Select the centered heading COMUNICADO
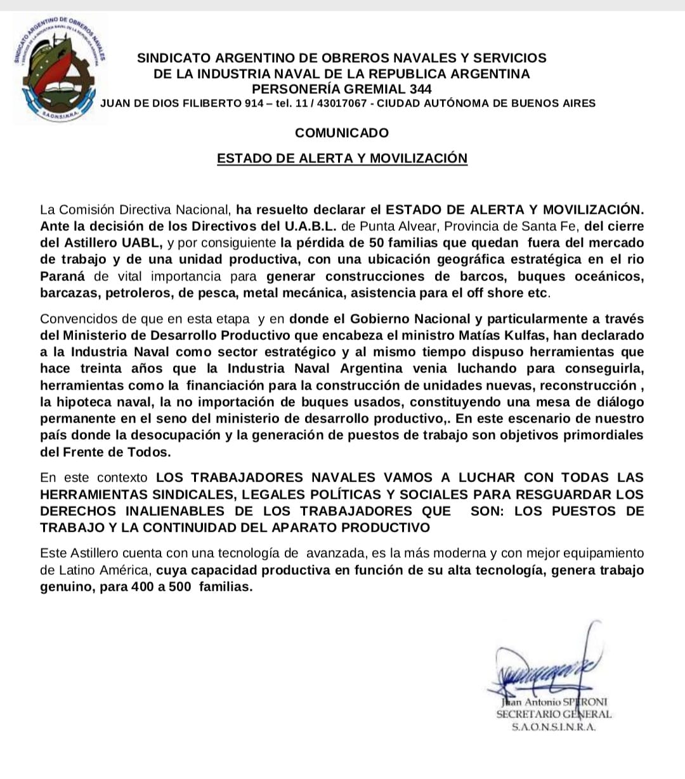pyautogui.click(x=342, y=133)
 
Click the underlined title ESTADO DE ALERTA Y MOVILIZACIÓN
pyautogui.click(x=342, y=159)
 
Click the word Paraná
pyautogui.click(x=64, y=277)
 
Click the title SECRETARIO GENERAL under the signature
pyautogui.click(x=554, y=714)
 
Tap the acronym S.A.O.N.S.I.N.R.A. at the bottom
pyautogui.click(x=554, y=728)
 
